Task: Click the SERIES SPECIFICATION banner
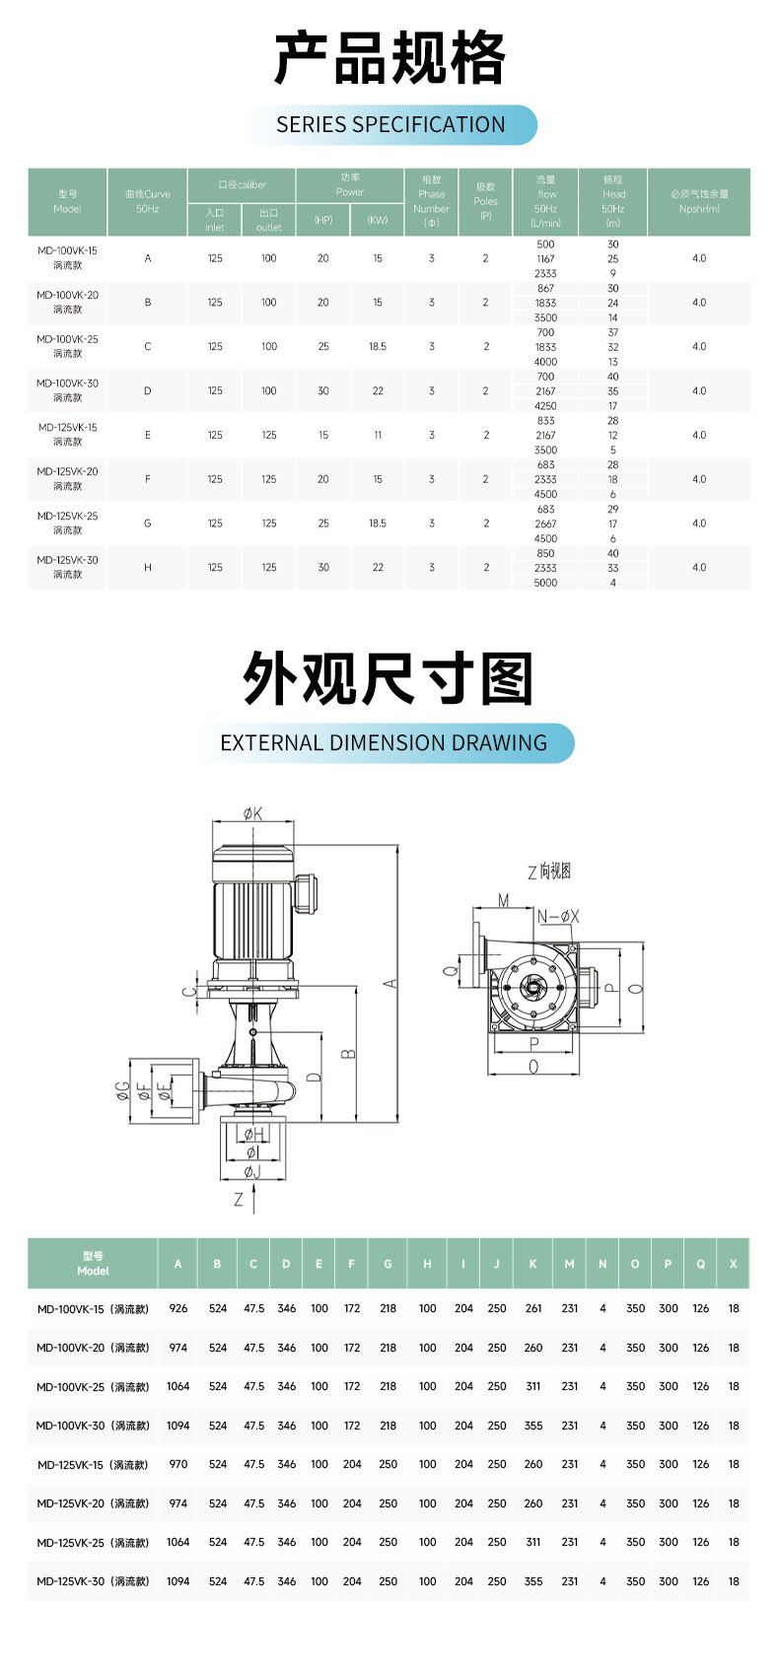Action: click(390, 125)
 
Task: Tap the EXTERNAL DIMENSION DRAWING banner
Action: click(384, 743)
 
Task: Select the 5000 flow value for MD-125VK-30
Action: click(545, 583)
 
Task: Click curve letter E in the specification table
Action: click(148, 435)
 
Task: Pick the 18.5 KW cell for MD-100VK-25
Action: click(378, 347)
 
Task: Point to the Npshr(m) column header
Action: click(699, 202)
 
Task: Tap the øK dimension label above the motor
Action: click(253, 814)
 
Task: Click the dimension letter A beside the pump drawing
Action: click(390, 984)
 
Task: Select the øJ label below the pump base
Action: click(252, 1172)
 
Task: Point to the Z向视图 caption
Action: click(549, 871)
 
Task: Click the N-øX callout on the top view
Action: click(558, 917)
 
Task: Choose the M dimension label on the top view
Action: click(503, 900)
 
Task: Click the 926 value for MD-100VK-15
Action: click(178, 1308)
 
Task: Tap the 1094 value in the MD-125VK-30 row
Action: click(178, 1580)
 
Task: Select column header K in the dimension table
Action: click(533, 1264)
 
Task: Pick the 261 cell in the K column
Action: click(533, 1308)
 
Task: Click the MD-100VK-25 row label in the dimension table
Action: click(93, 1386)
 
